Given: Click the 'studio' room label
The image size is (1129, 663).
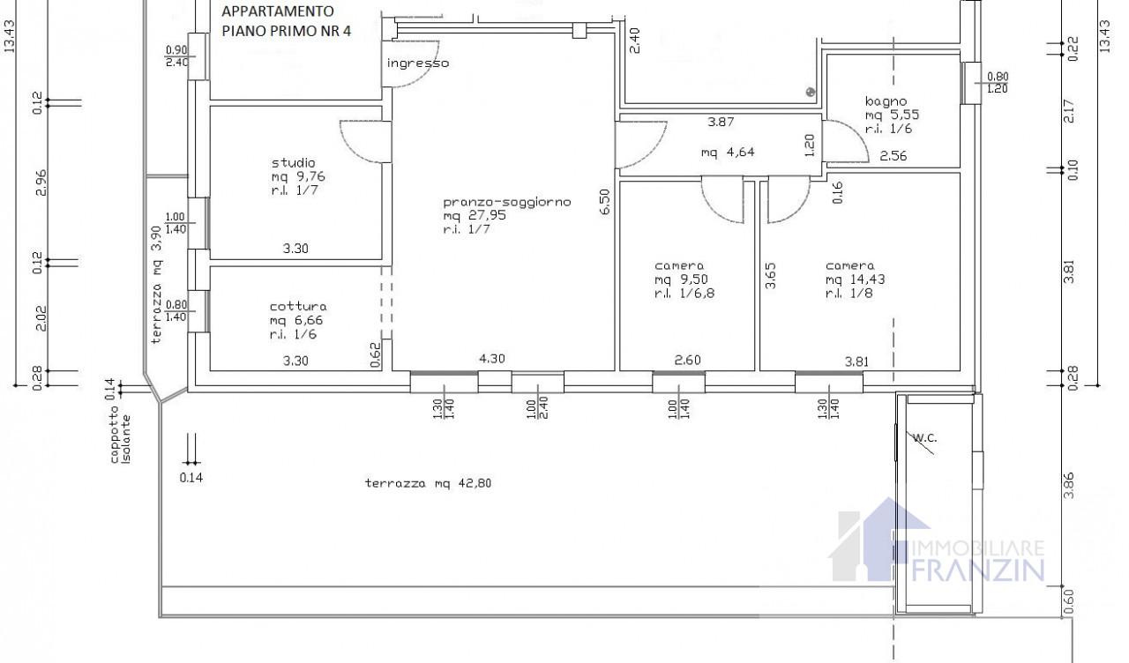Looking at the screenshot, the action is click(x=294, y=163).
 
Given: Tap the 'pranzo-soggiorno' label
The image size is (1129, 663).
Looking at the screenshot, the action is click(x=507, y=202).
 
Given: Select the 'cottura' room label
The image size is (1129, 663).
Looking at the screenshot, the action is click(x=298, y=306).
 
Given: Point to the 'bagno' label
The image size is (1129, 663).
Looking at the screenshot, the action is click(x=886, y=101).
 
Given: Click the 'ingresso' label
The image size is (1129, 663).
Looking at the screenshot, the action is click(x=418, y=63).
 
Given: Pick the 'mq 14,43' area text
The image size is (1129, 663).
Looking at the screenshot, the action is click(x=855, y=279).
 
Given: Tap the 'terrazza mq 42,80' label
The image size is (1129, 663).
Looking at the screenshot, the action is click(x=428, y=483).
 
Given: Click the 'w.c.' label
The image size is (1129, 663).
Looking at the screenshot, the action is click(x=925, y=438).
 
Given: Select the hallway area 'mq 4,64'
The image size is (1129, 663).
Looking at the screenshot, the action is click(x=728, y=153).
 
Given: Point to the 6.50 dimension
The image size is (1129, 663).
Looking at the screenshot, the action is click(x=605, y=202).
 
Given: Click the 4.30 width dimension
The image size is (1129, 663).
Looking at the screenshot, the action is click(x=491, y=359).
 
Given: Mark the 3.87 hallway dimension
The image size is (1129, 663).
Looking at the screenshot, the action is click(x=721, y=122).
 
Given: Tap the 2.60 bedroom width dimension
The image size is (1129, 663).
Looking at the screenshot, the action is click(x=687, y=361).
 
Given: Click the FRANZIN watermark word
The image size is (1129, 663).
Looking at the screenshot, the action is click(x=978, y=570).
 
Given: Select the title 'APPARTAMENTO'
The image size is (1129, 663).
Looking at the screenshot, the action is click(x=277, y=11).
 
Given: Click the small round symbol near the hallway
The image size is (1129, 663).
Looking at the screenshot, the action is click(x=811, y=92).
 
